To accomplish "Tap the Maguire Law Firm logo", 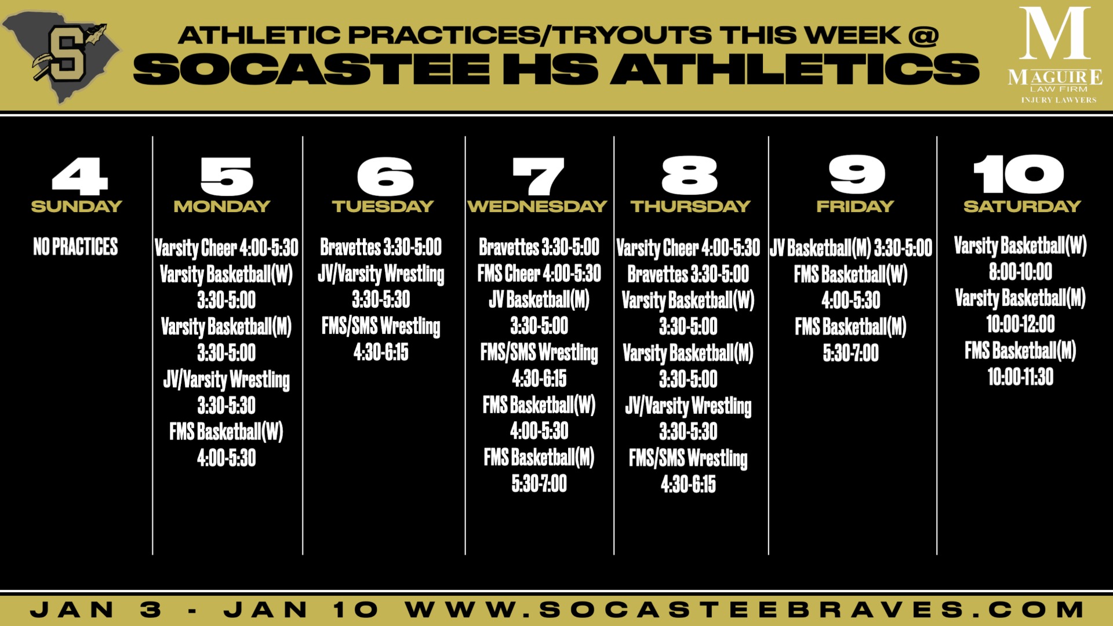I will click(1054, 56).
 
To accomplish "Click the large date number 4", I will click(80, 176).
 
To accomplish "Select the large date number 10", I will click(1019, 174).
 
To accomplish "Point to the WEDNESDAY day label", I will click(537, 206).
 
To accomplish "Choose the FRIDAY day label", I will click(855, 206).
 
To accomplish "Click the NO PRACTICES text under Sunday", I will click(75, 247).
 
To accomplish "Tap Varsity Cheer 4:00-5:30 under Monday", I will click(226, 248).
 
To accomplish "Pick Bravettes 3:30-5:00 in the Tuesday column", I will click(381, 248).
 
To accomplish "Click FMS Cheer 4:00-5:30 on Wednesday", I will click(539, 274).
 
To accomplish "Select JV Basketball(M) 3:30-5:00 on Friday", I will click(851, 248).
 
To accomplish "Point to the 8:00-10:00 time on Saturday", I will click(1020, 272).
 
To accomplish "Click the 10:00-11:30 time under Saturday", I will click(1020, 377).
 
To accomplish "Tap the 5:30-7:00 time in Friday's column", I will click(851, 353).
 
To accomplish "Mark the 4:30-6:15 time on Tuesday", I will click(381, 352).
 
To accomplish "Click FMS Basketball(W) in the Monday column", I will click(226, 432).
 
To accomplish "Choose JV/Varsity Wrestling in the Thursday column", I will click(688, 406).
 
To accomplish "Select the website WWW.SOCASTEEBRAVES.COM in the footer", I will click(745, 610).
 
